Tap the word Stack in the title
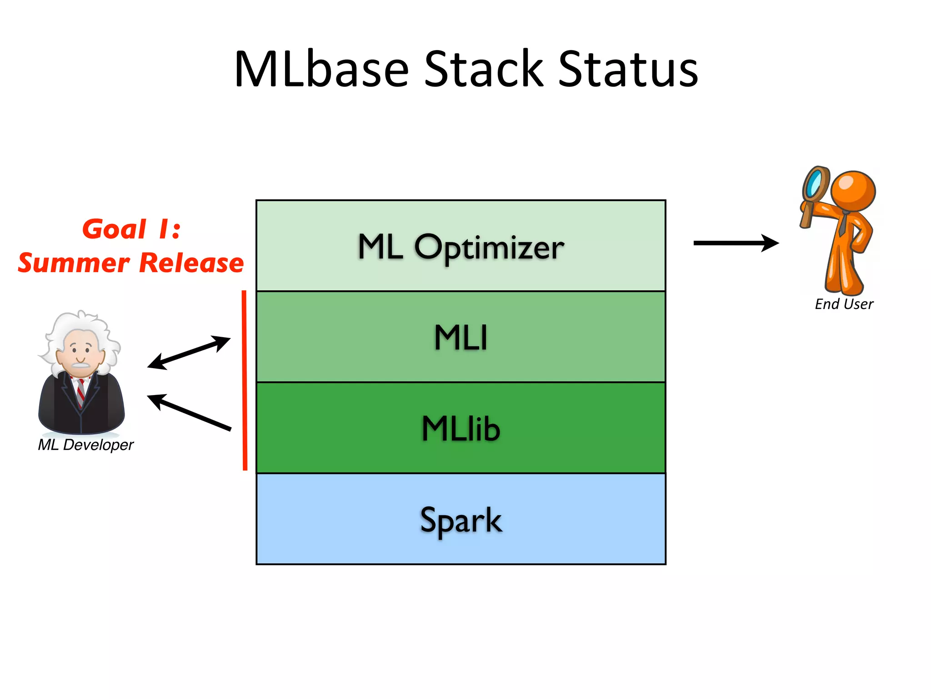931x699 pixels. tap(484, 69)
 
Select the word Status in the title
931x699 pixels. tap(628, 69)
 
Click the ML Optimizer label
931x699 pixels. tap(460, 247)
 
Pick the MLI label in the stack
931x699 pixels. tap(460, 338)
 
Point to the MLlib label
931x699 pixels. tap(460, 429)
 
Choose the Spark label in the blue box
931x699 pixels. tap(460, 520)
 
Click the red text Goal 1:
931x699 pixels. tap(131, 229)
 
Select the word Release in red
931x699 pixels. tap(191, 263)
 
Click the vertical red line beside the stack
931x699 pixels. tap(245, 380)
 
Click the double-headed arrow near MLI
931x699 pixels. tap(189, 352)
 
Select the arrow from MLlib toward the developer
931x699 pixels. tap(189, 412)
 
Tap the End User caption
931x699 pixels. tap(844, 304)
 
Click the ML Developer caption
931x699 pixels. tap(85, 445)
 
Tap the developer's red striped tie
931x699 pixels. tap(80, 392)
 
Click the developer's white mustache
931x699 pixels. tap(80, 365)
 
